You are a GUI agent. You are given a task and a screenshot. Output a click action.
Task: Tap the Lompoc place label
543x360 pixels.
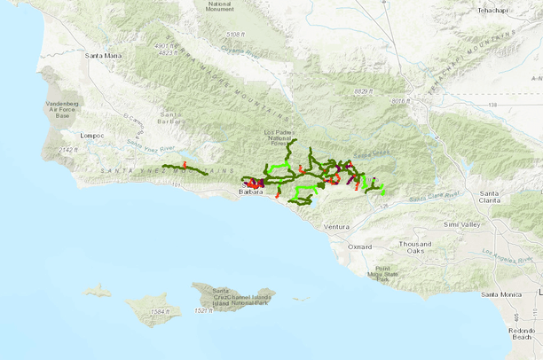[91, 135]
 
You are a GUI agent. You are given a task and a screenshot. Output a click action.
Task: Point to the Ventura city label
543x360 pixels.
[337, 227]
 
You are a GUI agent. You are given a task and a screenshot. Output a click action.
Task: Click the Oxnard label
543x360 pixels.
[360, 247]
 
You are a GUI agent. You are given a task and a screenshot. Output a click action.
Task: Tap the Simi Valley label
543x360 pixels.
[461, 225]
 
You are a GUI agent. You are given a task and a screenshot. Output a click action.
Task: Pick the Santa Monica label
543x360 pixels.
[500, 293]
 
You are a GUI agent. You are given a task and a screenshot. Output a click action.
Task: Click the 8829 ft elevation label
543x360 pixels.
[366, 91]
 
